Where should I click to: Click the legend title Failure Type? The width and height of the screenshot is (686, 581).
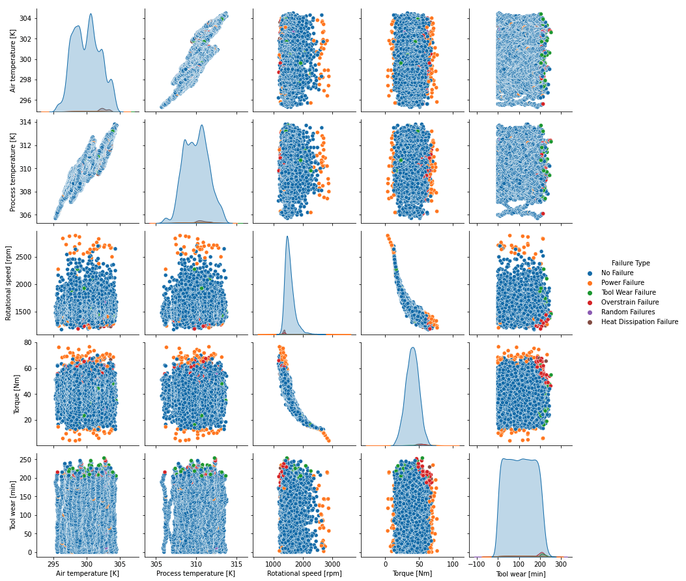click(x=630, y=263)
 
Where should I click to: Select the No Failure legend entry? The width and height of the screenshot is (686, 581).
click(x=617, y=273)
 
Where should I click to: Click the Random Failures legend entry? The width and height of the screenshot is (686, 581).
click(x=628, y=312)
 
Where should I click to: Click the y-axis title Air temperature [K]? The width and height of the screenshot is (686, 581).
click(x=14, y=59)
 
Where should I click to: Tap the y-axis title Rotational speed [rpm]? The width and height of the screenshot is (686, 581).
click(x=9, y=282)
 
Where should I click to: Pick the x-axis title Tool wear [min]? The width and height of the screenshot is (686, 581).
click(x=521, y=574)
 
